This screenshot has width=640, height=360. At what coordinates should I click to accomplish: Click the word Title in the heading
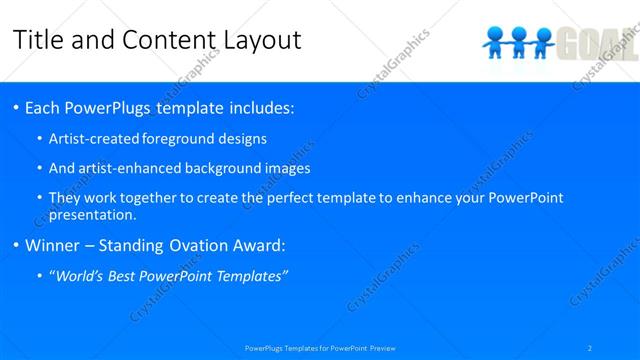pyautogui.click(x=38, y=40)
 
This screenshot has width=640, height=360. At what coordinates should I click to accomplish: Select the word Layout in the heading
pyautogui.click(x=258, y=40)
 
